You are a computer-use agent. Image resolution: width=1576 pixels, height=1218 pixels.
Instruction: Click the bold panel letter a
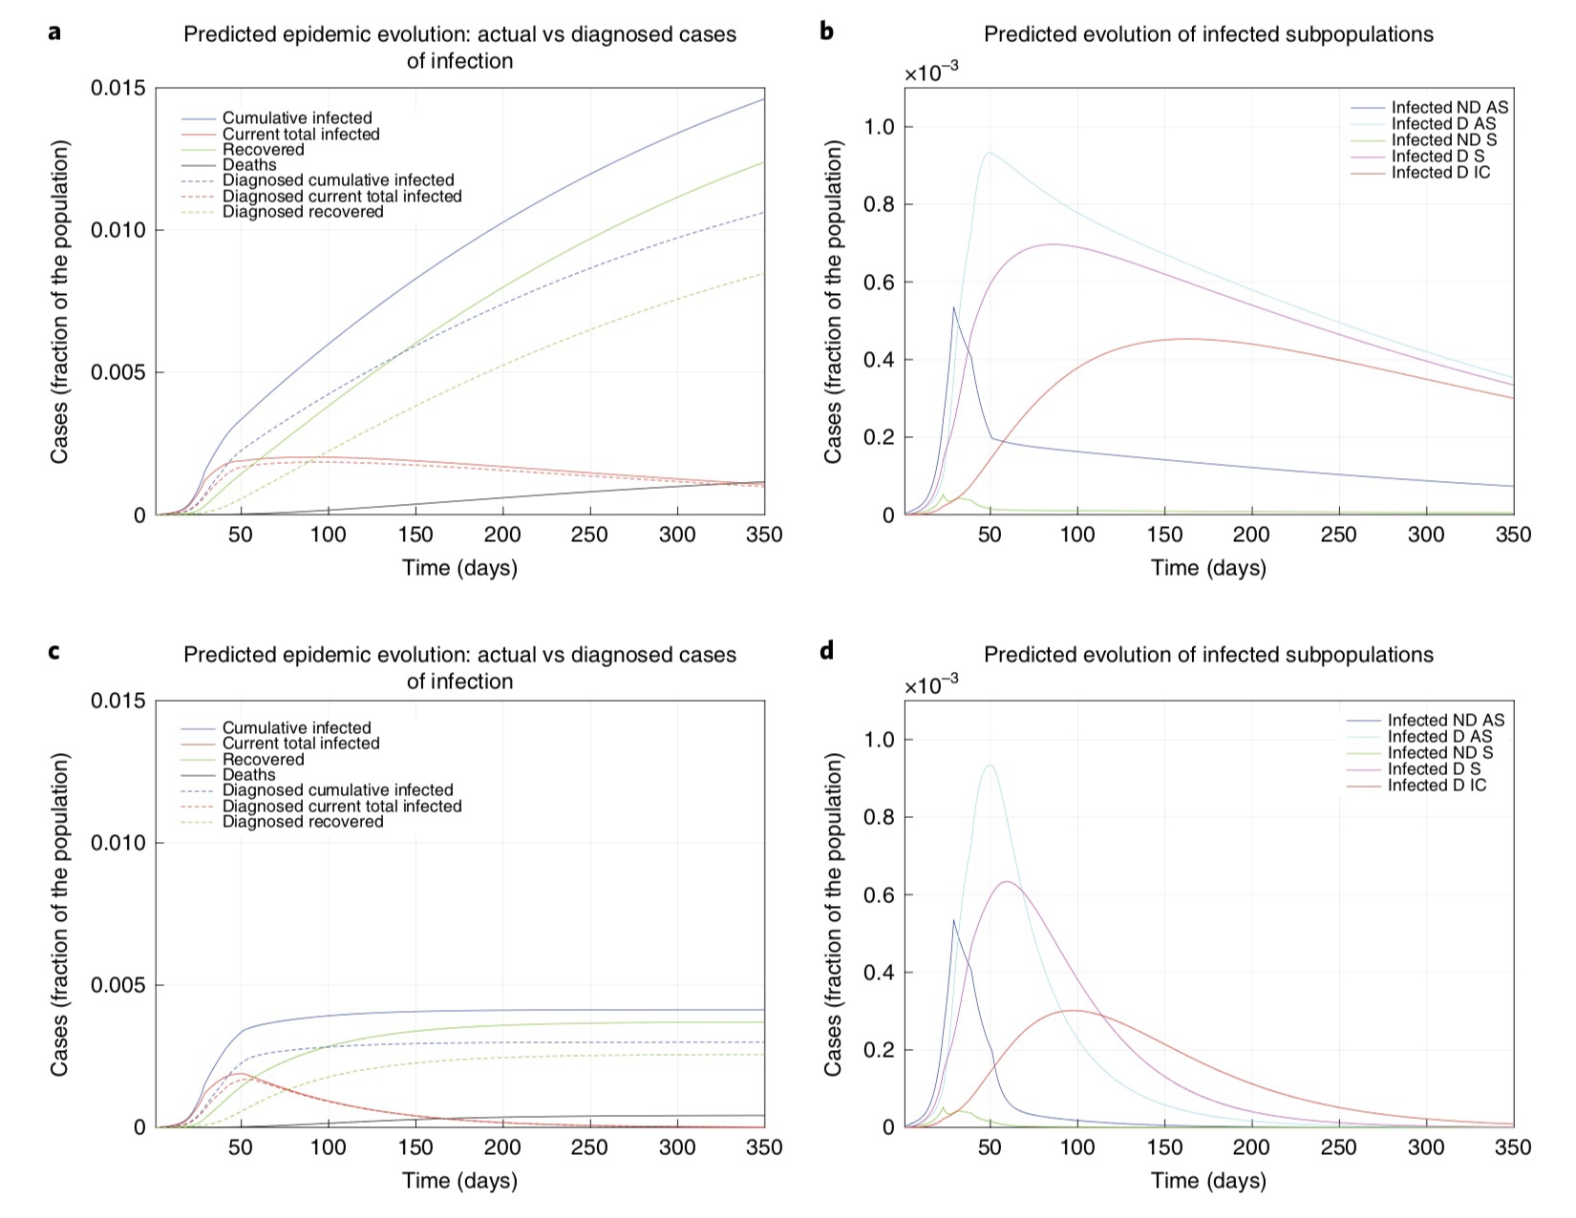[54, 32]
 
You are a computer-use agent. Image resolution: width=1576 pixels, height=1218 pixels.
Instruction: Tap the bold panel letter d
[827, 651]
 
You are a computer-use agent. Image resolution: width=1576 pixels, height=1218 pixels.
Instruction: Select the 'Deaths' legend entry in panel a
[249, 165]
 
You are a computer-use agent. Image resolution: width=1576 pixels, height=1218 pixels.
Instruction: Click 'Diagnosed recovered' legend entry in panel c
[303, 822]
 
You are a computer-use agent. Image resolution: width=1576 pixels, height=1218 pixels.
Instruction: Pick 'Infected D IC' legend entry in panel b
[1440, 173]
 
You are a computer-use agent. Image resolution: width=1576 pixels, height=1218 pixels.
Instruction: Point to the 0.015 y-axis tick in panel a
[118, 89]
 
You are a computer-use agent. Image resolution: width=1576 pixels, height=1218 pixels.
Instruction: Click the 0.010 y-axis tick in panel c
[118, 843]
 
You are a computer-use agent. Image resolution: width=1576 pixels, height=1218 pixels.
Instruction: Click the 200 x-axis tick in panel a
[503, 535]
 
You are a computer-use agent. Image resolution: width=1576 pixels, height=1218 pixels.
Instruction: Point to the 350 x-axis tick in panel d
[1512, 1148]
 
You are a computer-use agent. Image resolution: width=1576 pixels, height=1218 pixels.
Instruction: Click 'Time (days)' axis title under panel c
[459, 1181]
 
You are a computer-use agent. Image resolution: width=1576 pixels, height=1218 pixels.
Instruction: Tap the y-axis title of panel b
[833, 302]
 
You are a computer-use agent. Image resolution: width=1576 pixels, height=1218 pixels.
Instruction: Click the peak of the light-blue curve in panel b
[989, 153]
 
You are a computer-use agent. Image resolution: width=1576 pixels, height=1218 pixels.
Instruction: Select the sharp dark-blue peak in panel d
[953, 920]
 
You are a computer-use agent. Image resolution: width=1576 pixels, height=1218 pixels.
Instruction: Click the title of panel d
[1208, 655]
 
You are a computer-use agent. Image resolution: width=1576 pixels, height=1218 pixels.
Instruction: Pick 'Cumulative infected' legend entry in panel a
[297, 118]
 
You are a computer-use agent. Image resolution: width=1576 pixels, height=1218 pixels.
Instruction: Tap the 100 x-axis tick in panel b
[1076, 535]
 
